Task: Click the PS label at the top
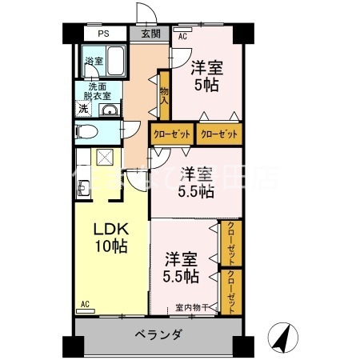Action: pyautogui.click(x=103, y=34)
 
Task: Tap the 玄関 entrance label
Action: pyautogui.click(x=150, y=34)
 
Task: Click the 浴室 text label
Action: pyautogui.click(x=94, y=61)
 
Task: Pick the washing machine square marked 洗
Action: pyautogui.click(x=82, y=110)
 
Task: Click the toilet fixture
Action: pyautogui.click(x=86, y=132)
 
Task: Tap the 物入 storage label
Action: pyautogui.click(x=164, y=96)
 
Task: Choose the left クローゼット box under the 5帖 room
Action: pyautogui.click(x=171, y=134)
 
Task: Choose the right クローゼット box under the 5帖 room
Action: pyautogui.click(x=218, y=134)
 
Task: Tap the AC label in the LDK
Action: pyautogui.click(x=85, y=305)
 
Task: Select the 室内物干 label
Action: pyautogui.click(x=192, y=308)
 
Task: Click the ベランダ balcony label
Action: pyautogui.click(x=158, y=334)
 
